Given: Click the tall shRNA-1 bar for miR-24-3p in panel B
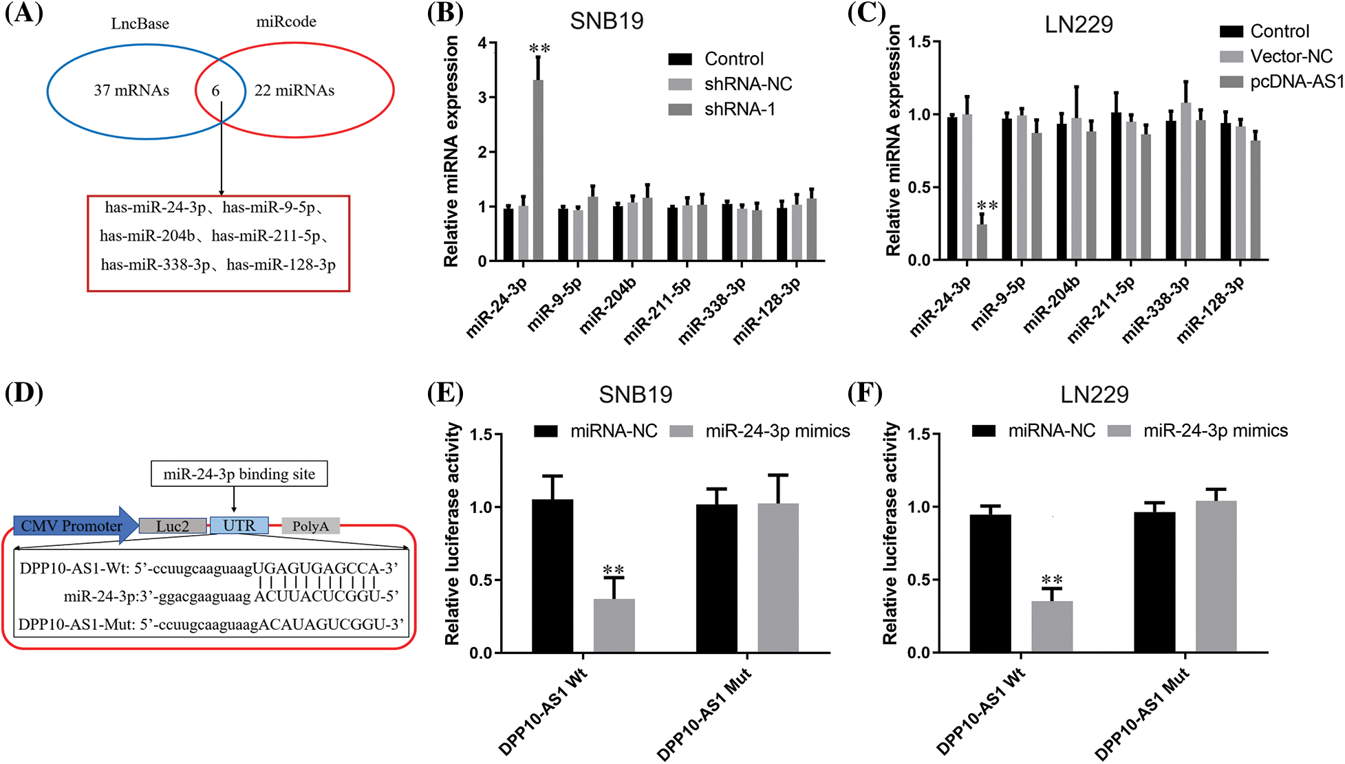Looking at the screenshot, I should pos(538,171).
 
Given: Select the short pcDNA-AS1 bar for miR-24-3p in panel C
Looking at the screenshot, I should pos(982,242).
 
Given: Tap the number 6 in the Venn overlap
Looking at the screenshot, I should pos(215,91).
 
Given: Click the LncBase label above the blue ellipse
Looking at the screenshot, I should pos(140,23).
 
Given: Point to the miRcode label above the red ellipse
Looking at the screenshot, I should pos(286,22).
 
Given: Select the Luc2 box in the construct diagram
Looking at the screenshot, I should pos(172,526).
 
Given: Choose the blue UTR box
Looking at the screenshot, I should pos(239,525).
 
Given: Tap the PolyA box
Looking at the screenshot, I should pos(310,526).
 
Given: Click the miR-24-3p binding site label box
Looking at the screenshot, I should pos(239,474).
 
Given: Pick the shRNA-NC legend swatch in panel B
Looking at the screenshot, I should pos(680,85).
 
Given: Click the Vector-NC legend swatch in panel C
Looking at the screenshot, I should pos(1231,56).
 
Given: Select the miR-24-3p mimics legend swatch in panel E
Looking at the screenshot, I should pos(681,431).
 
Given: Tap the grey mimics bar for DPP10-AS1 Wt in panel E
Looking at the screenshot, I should pos(614,626).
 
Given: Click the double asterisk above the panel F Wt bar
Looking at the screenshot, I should pos(1051,580).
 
